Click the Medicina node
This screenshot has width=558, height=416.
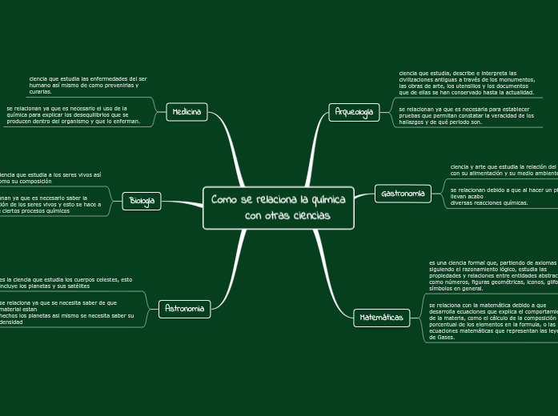click(187, 112)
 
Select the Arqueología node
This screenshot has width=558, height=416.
click(354, 112)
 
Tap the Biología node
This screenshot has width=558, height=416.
click(142, 201)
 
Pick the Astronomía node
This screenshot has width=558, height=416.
click(185, 308)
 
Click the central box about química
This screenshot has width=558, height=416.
click(279, 208)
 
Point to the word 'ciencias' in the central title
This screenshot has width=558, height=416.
click(308, 216)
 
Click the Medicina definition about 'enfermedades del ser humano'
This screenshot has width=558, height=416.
click(88, 86)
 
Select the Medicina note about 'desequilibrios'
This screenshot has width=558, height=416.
click(74, 114)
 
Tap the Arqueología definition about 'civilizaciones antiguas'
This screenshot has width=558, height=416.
click(467, 82)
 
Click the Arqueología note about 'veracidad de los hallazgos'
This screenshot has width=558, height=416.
click(466, 115)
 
